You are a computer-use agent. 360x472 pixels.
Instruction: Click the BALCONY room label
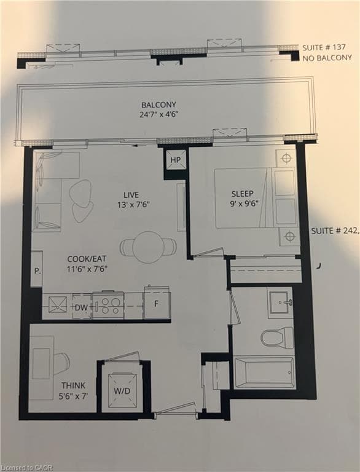[x=158, y=104]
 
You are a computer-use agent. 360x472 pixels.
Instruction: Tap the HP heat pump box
[x=176, y=160]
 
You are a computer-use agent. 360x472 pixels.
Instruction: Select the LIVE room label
[x=131, y=195]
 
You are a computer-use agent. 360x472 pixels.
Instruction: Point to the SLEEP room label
[x=242, y=194]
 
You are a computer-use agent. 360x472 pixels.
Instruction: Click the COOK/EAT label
[x=87, y=259]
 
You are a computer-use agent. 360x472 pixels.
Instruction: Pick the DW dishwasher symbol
[x=82, y=307]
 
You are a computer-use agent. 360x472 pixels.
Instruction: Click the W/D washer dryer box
[x=122, y=391]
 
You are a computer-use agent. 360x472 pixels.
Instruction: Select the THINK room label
[x=73, y=385]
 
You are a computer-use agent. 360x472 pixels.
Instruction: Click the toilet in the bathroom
[x=277, y=338]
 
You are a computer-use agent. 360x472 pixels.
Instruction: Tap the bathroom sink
[x=281, y=302]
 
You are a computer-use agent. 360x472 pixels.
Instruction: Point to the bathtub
[x=265, y=372]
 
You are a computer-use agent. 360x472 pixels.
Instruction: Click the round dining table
[x=148, y=247]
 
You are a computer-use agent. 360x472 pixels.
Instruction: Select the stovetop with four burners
[x=108, y=305]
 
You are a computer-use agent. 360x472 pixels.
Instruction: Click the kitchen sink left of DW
[x=58, y=305]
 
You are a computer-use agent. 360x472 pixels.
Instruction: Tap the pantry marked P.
[x=37, y=269]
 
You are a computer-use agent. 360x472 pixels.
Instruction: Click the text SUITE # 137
[x=324, y=47]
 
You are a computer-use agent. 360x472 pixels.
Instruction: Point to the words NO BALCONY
[x=327, y=58]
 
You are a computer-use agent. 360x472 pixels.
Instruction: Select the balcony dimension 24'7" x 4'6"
[x=157, y=114]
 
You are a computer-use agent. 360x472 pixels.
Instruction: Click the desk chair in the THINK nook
[x=62, y=360]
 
